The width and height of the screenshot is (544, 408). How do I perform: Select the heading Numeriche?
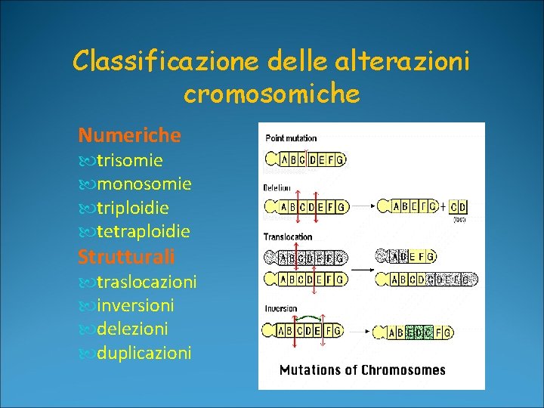(130, 135)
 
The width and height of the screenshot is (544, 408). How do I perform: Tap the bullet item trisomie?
(130, 160)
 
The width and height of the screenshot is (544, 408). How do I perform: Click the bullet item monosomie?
(144, 184)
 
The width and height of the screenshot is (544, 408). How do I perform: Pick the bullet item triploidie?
(132, 208)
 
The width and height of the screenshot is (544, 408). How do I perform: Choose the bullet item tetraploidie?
(143, 231)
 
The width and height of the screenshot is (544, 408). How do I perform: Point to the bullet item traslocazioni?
(146, 282)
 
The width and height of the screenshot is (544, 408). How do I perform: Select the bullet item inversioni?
(135, 305)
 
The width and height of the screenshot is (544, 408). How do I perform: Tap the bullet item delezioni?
(132, 329)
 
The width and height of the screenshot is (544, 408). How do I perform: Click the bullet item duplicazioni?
(144, 353)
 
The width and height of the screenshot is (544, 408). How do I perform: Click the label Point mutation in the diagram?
(291, 138)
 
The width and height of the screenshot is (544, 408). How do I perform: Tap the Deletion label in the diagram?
(277, 187)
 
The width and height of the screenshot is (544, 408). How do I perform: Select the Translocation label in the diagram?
(288, 237)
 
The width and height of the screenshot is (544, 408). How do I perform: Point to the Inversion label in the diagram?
(280, 308)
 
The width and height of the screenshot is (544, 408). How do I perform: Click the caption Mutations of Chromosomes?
(363, 370)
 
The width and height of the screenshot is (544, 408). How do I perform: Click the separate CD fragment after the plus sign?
(458, 206)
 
